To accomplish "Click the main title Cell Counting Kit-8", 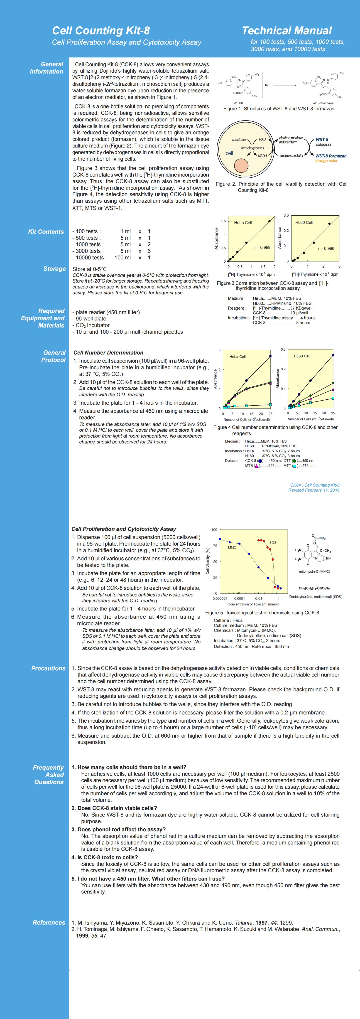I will coord(101,30).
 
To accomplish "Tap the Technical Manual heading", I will coord(287,30).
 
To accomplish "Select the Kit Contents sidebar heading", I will coord(46,232).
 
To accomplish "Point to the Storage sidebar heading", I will coord(55,269).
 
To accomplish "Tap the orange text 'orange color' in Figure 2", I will coord(326,161).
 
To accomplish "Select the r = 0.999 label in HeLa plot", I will coord(262,248).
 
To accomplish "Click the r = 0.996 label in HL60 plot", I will coord(326,249).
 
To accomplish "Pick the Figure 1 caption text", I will coord(279,108).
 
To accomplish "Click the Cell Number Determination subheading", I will coord(108,352).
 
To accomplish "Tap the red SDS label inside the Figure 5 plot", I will coord(273,542).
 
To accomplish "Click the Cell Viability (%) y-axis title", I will coord(208,561).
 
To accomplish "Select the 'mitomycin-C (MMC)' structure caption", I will coord(314,572).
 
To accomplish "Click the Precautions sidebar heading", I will coord(48,668).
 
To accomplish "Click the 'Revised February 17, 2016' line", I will coord(314,490).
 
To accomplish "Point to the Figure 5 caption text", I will coord(263,613).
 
